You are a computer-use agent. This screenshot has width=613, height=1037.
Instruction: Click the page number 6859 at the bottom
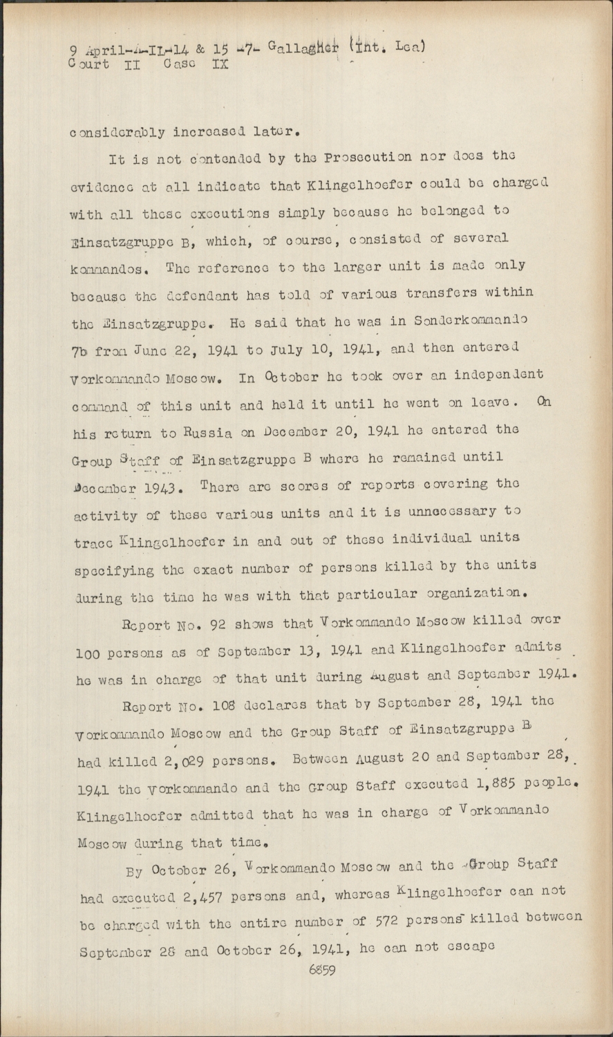322,970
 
